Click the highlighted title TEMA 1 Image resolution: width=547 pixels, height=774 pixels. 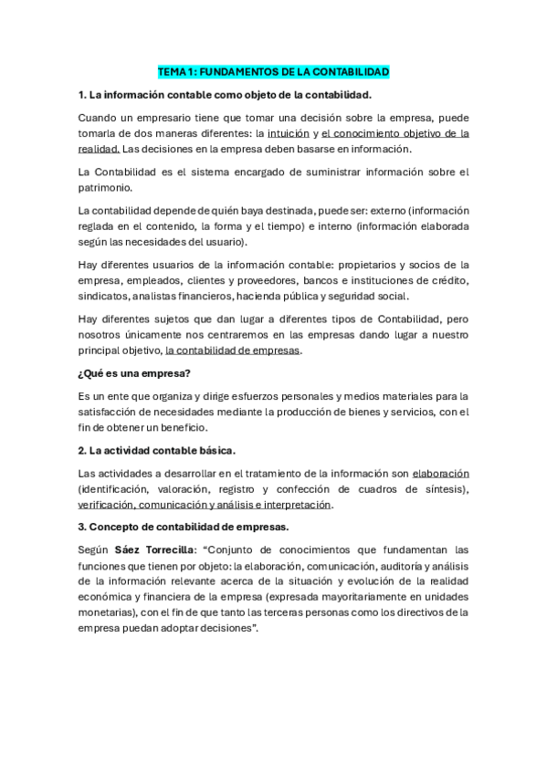273,71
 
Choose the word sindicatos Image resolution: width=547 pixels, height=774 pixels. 103,296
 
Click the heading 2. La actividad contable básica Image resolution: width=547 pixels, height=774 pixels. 157,450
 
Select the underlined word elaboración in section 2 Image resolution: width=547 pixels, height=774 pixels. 440,473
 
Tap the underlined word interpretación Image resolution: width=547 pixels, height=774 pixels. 296,505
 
